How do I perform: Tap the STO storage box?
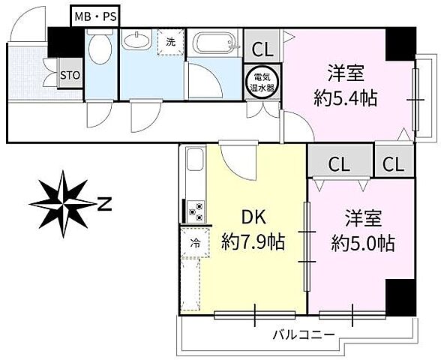tap(70, 76)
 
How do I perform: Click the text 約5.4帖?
tap(345, 97)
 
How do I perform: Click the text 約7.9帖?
tap(253, 242)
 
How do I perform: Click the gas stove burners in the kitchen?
tap(196, 211)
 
